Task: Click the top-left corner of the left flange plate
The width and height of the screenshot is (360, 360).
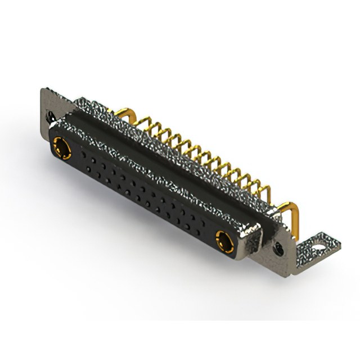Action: tap(42, 90)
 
